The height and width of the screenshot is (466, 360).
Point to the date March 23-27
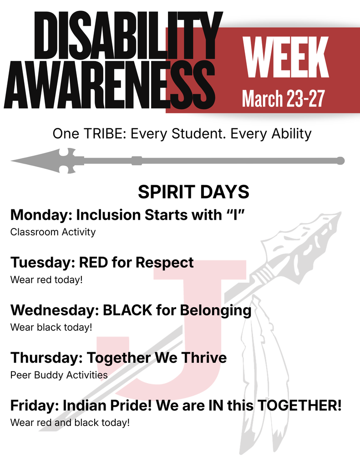[x=283, y=98]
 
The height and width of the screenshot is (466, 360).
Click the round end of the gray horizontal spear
[x=340, y=161]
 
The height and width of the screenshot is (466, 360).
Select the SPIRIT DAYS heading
[x=193, y=192]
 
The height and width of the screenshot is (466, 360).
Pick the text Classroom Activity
[x=53, y=232]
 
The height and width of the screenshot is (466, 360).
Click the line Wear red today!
[x=46, y=279]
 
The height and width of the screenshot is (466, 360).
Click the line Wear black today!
[x=51, y=327]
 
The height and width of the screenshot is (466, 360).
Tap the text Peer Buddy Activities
[x=59, y=375]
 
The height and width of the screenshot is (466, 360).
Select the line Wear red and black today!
[x=70, y=422]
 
